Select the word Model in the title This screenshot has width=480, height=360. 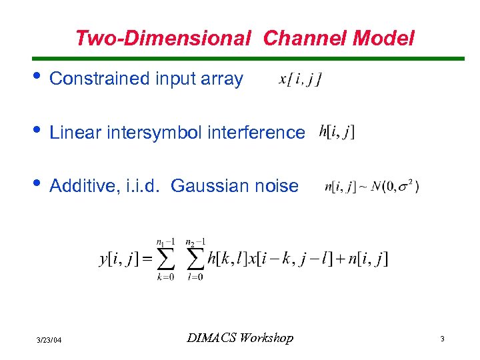pos(383,39)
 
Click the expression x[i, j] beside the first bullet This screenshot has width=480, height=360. pos(300,79)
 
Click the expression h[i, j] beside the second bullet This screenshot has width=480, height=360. pos(337,131)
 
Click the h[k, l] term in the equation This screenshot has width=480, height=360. pos(227,259)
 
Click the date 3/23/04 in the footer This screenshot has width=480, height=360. pos(49,340)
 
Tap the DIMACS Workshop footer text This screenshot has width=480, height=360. pos(239,339)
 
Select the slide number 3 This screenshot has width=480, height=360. pos(442,339)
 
